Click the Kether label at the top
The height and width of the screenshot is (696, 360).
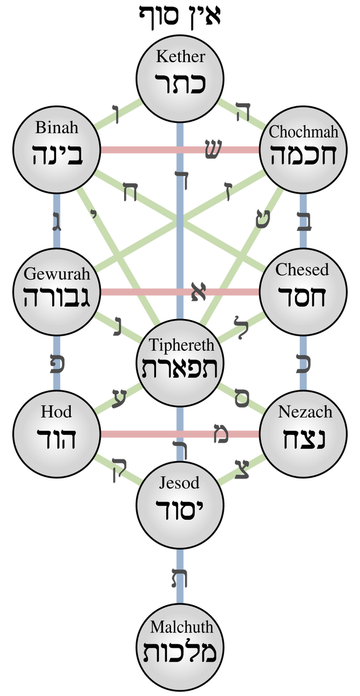tap(180, 57)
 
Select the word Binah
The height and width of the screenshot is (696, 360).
tap(56, 126)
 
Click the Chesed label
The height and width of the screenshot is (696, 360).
tap(302, 270)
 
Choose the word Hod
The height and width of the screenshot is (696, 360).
tap(56, 412)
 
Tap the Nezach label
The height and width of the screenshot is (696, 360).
tap(304, 412)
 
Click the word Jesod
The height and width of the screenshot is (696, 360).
tap(180, 483)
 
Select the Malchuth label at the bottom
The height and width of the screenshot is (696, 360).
tap(181, 627)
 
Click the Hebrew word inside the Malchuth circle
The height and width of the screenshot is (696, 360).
tap(180, 653)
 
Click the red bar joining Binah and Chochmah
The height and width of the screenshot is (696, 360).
tap(151, 150)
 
